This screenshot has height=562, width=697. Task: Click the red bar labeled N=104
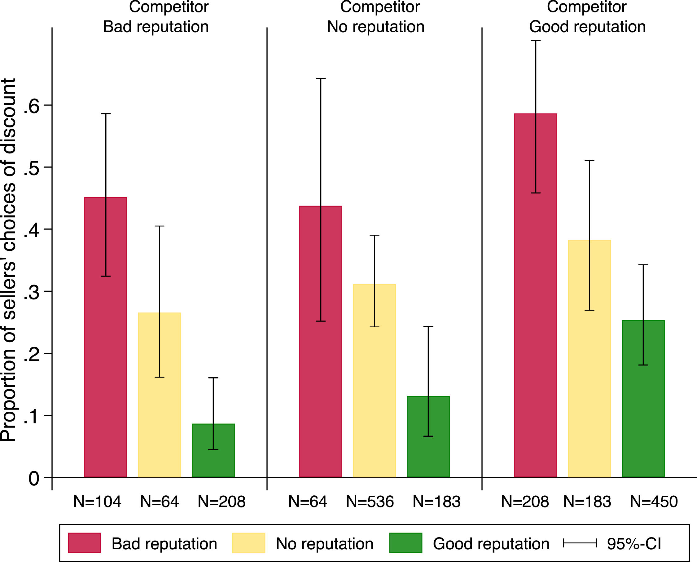(106, 337)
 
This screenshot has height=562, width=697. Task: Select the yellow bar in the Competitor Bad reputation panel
(160, 395)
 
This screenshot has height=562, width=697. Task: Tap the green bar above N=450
(643, 399)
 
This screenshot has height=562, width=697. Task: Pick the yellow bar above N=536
(375, 381)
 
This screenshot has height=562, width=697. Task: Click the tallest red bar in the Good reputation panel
(536, 295)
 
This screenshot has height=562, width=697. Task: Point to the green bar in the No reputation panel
(428, 437)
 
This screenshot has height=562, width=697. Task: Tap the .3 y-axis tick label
(31, 292)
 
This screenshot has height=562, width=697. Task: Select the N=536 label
(370, 502)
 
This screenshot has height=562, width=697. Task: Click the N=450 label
(654, 502)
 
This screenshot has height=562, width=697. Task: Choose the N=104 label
(97, 502)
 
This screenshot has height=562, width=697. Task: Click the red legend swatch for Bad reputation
(85, 543)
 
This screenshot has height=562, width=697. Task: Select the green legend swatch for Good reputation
(405, 543)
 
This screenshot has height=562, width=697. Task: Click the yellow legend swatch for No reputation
(249, 543)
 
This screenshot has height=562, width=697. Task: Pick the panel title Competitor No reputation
(376, 17)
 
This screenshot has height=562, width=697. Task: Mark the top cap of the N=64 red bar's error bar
(321, 78)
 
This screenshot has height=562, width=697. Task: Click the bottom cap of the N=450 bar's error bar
(643, 365)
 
